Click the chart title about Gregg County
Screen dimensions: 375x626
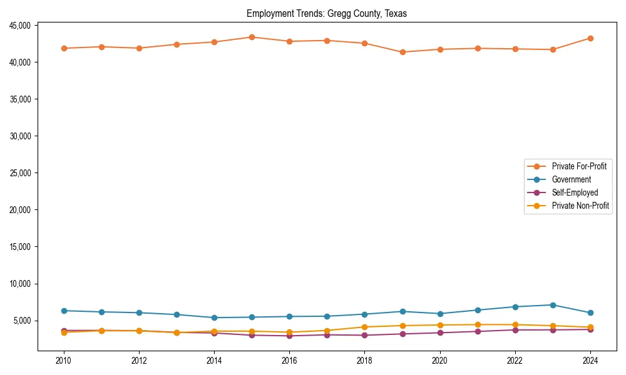pos(327,14)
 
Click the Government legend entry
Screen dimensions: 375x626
pos(571,179)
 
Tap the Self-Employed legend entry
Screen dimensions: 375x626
pos(575,192)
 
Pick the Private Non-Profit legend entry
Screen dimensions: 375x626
pos(580,206)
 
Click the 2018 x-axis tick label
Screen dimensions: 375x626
pos(364,360)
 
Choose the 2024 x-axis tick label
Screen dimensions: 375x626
pos(590,360)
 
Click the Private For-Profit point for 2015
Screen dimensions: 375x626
pos(252,37)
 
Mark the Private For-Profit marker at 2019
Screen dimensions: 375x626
pos(403,52)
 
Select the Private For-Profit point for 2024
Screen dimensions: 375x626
pos(590,38)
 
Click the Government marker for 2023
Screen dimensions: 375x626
pos(553,305)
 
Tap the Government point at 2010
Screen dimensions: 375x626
pos(63,311)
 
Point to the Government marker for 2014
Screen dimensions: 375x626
pos(214,317)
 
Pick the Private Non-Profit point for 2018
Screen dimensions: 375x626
pos(364,327)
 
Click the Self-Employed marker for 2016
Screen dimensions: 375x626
pos(289,336)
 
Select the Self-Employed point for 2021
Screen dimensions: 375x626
pos(478,331)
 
